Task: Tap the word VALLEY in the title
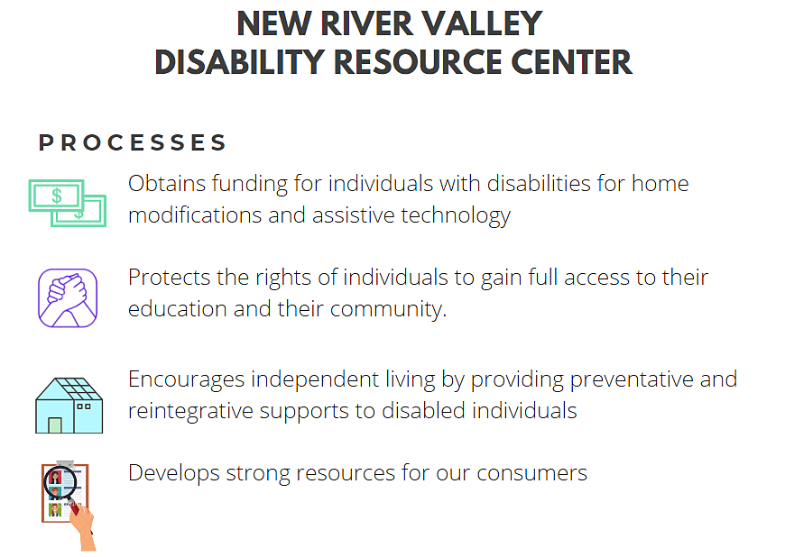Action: coord(482,23)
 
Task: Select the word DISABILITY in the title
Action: coord(240,62)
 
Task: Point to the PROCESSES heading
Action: coord(133,142)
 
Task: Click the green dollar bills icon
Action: coord(68,203)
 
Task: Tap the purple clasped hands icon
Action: coord(68,298)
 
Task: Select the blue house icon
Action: coord(69,405)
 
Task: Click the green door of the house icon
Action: coord(55,425)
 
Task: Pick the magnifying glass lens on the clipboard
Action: coord(60,482)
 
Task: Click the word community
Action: coord(388,309)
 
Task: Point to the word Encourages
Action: coord(186,380)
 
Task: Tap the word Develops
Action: coord(174,474)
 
